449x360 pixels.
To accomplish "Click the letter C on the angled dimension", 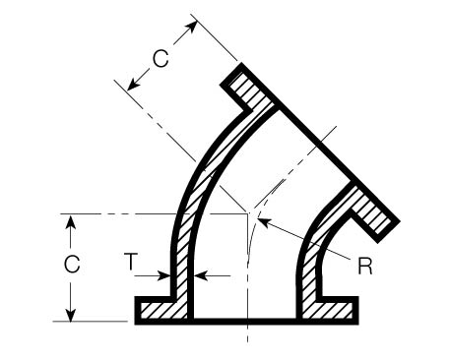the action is [160, 58].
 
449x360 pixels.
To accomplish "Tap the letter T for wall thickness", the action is [130, 262].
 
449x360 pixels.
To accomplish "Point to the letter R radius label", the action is [364, 267].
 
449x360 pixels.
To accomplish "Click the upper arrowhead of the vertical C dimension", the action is [71, 219].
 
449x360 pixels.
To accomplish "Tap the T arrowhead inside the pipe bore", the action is [197, 276].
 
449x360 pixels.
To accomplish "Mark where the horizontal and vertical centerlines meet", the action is [245, 213].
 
